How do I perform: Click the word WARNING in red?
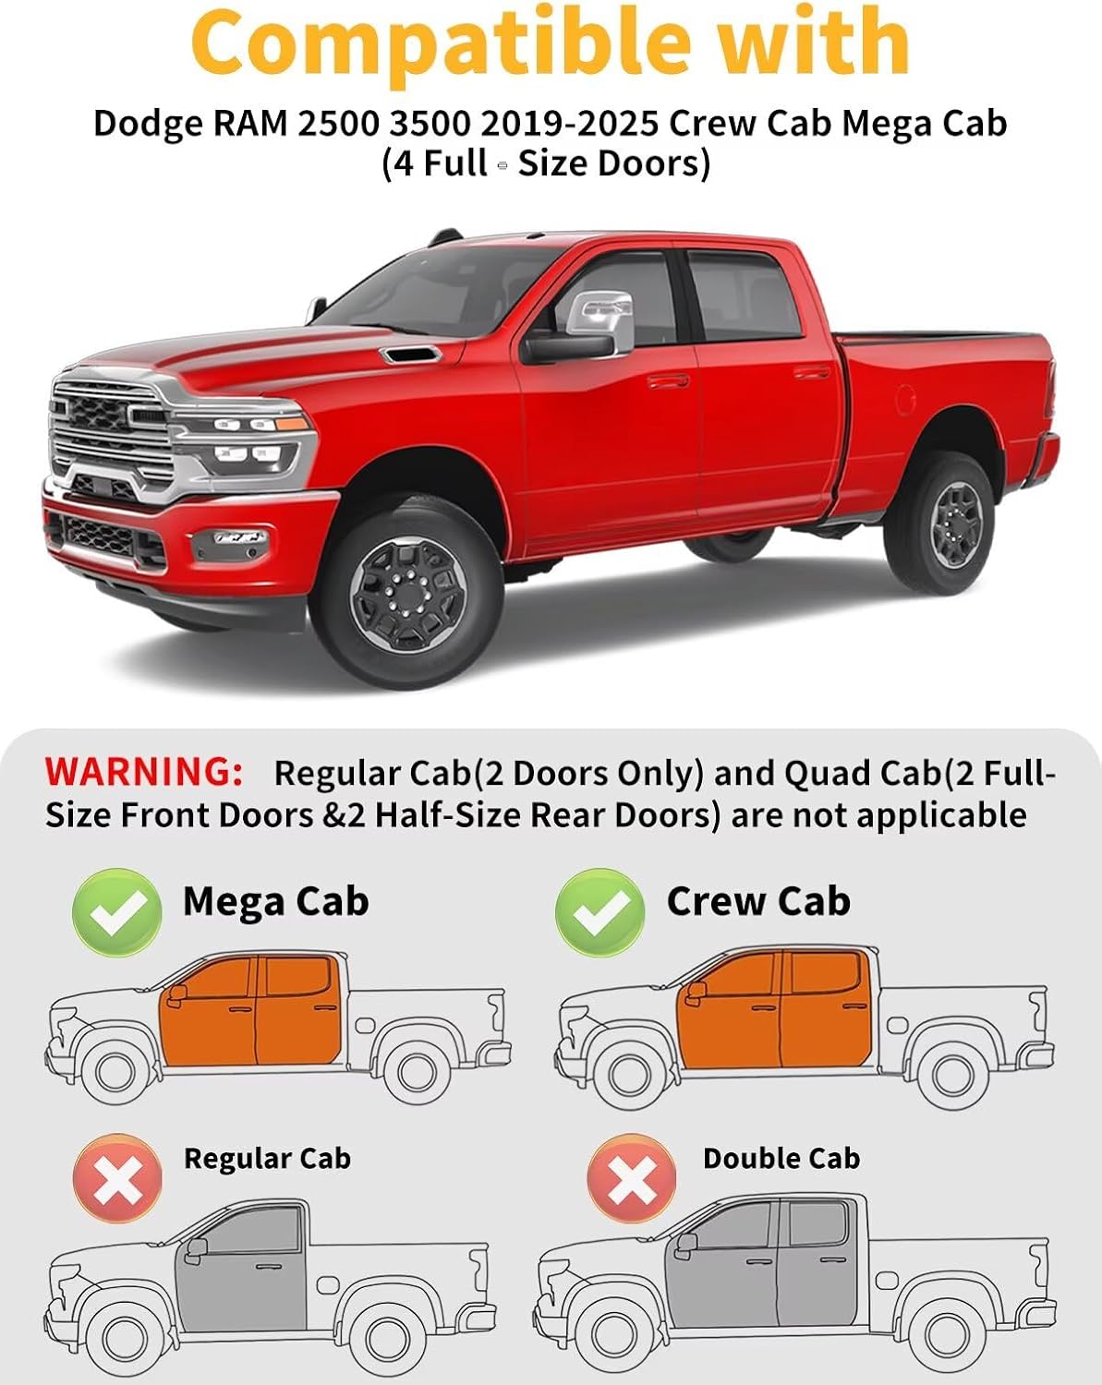[143, 772]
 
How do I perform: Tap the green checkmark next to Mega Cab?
[117, 911]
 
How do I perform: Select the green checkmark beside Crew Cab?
[599, 911]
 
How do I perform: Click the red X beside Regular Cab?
[117, 1179]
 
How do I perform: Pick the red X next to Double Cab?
[632, 1179]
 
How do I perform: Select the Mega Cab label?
[275, 901]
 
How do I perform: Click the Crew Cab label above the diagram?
[758, 901]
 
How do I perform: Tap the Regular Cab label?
[267, 1158]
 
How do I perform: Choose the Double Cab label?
[781, 1158]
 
